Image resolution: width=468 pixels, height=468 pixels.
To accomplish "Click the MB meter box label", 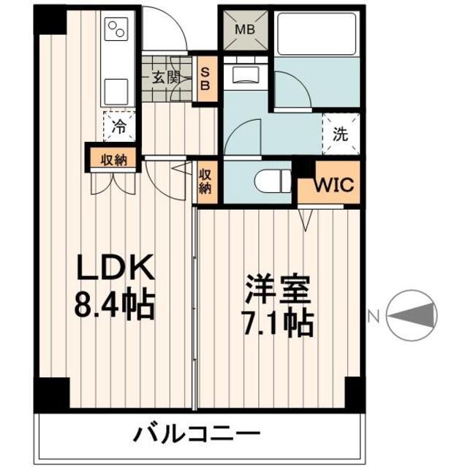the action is click(245, 30).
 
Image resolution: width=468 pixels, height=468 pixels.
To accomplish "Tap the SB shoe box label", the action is click(205, 78).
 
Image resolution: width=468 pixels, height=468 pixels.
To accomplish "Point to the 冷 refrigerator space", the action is click(119, 127).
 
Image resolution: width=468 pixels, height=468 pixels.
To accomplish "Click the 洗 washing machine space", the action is click(341, 135).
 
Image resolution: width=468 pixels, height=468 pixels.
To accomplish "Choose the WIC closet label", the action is click(334, 185).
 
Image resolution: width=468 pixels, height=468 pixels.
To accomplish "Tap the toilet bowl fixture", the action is click(273, 181).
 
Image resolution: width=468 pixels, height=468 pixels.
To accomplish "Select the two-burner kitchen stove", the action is click(117, 29).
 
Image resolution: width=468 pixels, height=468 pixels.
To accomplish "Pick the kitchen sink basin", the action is click(116, 91).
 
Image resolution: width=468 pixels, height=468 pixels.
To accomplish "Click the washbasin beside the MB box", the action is click(246, 75).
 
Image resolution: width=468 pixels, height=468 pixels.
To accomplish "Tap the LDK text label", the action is click(116, 267).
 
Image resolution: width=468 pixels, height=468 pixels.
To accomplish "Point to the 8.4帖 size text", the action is click(115, 305).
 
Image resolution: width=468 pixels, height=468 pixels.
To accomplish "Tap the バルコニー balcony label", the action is click(197, 435).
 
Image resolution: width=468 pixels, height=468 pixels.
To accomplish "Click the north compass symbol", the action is click(412, 315).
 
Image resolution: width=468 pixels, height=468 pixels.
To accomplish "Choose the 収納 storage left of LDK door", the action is click(114, 160).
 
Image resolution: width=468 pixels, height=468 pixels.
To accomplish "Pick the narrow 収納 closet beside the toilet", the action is click(205, 182).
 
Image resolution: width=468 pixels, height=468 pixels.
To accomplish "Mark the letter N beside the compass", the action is click(374, 317).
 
